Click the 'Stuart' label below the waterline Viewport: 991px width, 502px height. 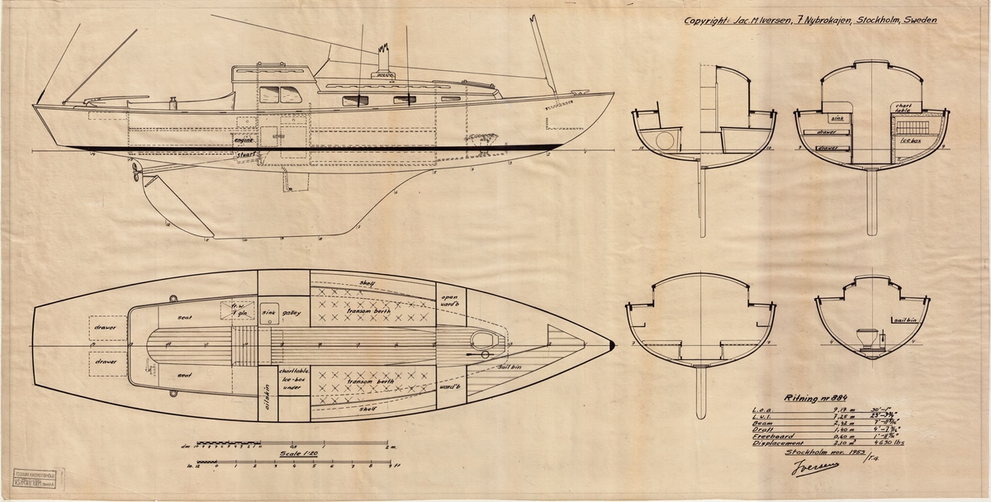pos(243,154)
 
